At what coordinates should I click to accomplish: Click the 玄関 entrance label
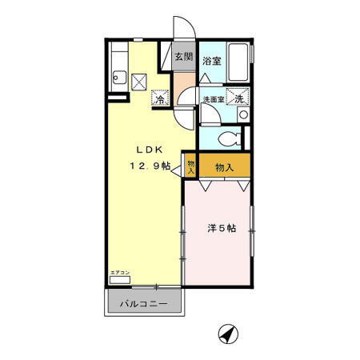tap(183, 57)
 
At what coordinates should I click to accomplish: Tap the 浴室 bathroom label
tap(211, 61)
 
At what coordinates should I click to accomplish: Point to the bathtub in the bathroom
tap(239, 62)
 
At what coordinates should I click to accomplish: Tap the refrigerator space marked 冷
tap(160, 100)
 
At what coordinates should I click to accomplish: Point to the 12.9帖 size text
tap(149, 166)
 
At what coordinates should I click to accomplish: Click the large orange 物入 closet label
tap(224, 167)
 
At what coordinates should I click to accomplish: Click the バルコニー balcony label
tap(144, 305)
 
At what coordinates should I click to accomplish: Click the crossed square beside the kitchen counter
tap(140, 81)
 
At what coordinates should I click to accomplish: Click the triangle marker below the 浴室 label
tap(205, 77)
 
